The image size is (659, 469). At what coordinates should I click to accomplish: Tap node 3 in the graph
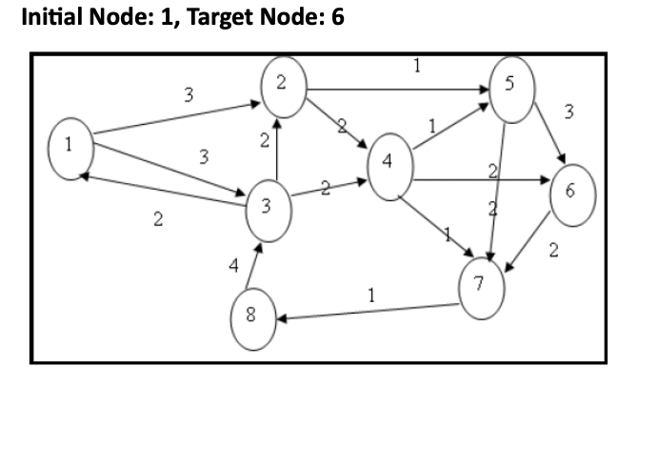(x=270, y=207)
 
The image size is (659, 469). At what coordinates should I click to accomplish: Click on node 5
(x=510, y=91)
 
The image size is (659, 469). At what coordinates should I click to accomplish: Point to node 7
(x=481, y=284)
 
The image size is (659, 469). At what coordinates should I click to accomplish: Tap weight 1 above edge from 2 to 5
(x=416, y=67)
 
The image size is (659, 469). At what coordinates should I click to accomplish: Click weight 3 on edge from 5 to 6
(x=569, y=113)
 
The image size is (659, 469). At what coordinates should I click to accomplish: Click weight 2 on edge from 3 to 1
(x=157, y=221)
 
